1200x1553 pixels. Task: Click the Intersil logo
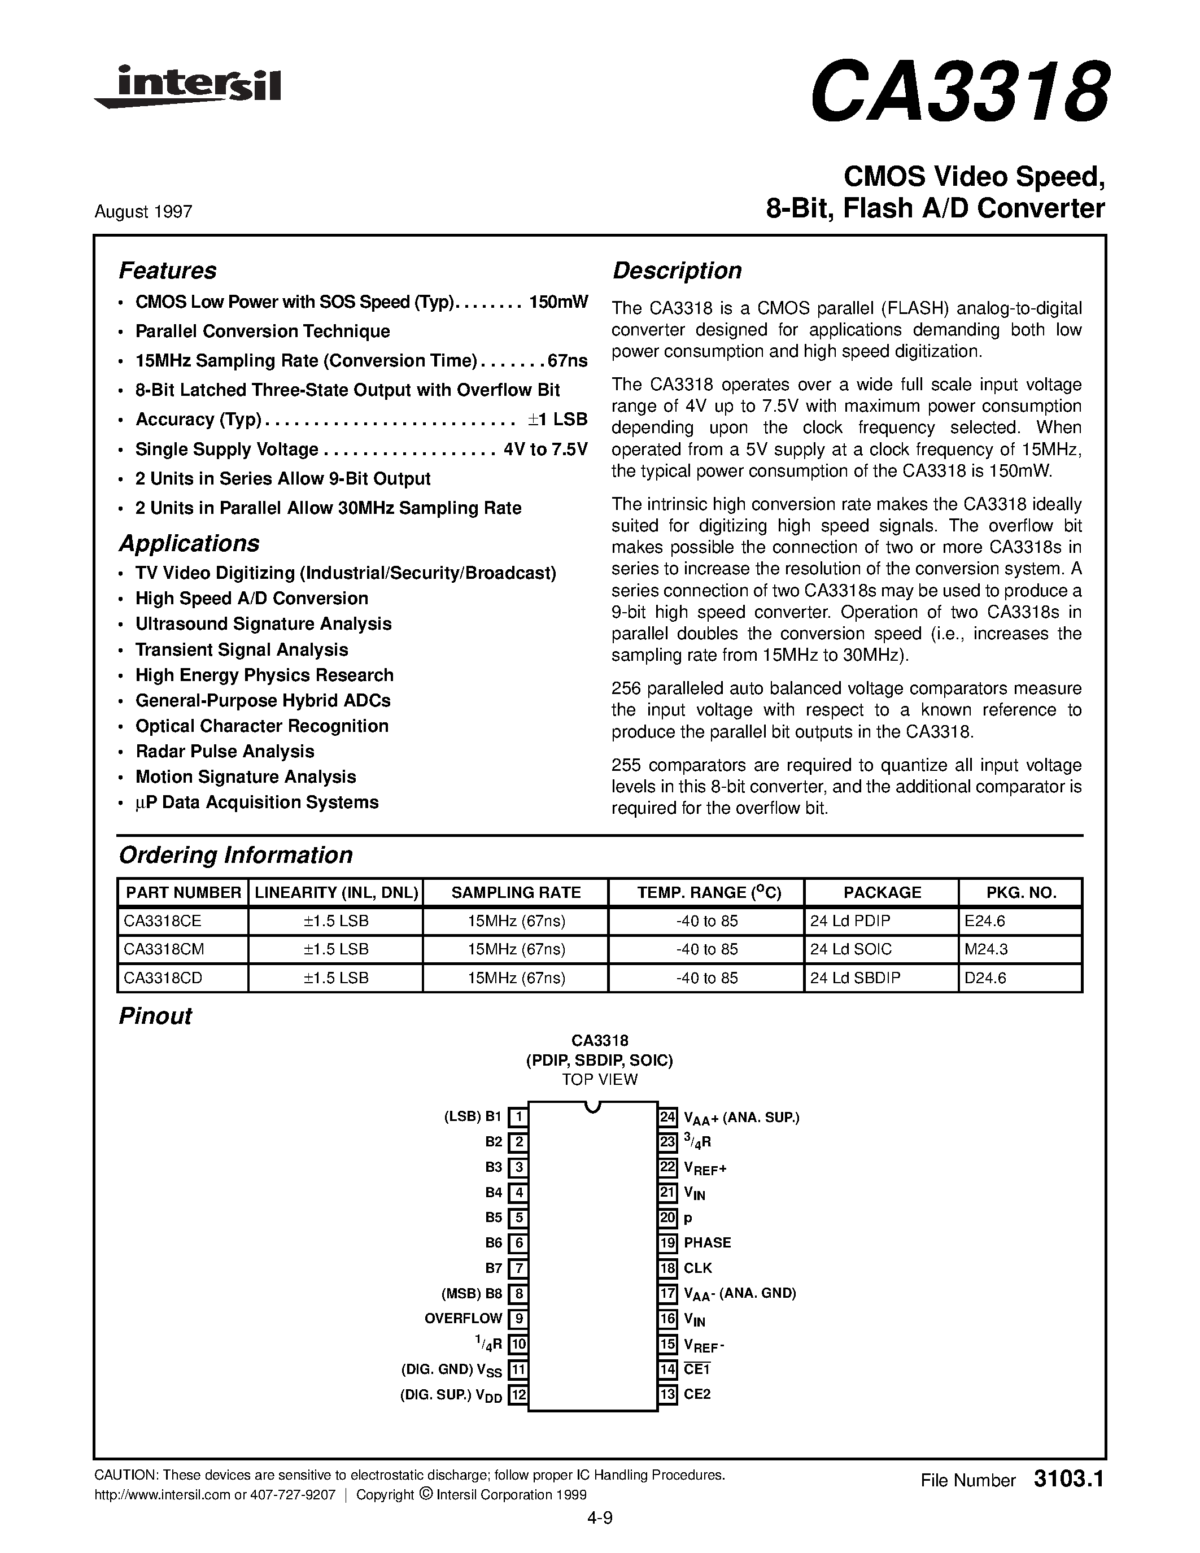pyautogui.click(x=187, y=88)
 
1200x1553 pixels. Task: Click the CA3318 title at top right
pyautogui.click(x=958, y=91)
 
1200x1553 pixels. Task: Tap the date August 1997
pyautogui.click(x=143, y=212)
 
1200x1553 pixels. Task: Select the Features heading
pyautogui.click(x=167, y=271)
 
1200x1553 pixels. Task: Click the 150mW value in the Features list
pyautogui.click(x=558, y=302)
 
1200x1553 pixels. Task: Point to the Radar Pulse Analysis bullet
pyautogui.click(x=225, y=752)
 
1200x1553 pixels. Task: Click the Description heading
pyautogui.click(x=677, y=271)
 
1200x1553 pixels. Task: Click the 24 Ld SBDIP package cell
pyautogui.click(x=854, y=978)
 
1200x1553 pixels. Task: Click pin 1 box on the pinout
pyautogui.click(x=519, y=1117)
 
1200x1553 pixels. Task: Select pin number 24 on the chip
pyautogui.click(x=667, y=1117)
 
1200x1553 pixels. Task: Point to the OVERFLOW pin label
pyautogui.click(x=463, y=1318)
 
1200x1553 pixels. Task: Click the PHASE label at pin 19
pyautogui.click(x=708, y=1243)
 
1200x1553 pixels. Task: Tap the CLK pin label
pyautogui.click(x=697, y=1268)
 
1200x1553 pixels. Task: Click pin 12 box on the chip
pyautogui.click(x=519, y=1394)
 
